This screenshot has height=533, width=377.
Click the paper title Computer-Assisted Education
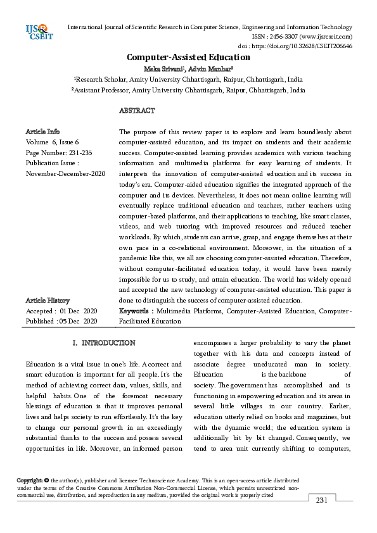pyautogui.click(x=188, y=58)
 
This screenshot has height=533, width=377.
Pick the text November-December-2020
pyautogui.click(x=66, y=173)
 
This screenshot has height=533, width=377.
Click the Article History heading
pyautogui.click(x=48, y=300)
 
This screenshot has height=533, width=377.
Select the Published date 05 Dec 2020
pyautogui.click(x=79, y=321)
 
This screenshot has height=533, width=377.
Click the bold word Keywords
pyautogui.click(x=136, y=311)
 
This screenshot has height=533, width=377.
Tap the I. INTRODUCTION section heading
pyautogui.click(x=104, y=343)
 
